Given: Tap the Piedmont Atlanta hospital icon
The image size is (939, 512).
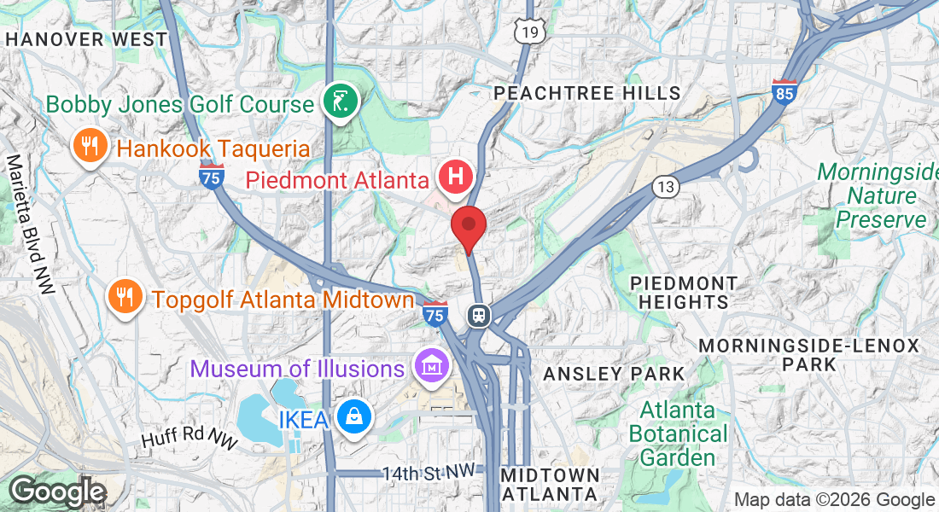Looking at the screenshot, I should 456,177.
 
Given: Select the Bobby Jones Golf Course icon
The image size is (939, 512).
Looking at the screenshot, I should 341,103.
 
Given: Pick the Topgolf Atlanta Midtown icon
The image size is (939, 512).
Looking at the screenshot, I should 125,297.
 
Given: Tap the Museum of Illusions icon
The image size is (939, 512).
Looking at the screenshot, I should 432,367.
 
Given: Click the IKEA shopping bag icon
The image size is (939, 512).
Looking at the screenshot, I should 351,418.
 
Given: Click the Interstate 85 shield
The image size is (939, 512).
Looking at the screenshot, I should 784,91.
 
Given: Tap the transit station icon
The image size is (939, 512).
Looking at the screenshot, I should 478,315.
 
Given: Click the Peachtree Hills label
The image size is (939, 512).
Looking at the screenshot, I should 587,93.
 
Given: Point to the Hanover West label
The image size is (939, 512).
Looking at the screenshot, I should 86,39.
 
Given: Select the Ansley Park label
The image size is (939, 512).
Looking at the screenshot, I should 614,374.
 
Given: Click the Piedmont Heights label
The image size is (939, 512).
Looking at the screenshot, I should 684,292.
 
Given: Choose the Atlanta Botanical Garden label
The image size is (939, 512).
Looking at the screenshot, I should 678,433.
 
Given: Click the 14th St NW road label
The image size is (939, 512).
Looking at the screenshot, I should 427,472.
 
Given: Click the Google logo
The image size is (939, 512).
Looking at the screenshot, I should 58,492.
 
